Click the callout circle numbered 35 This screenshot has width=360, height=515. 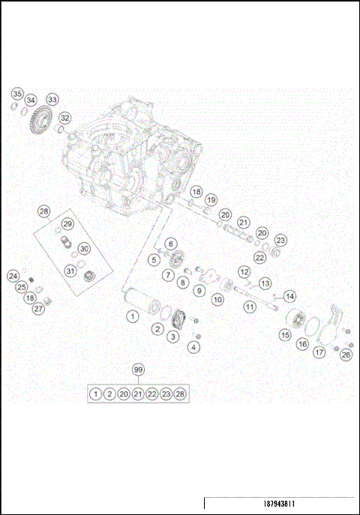(16, 93)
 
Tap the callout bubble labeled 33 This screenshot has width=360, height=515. (52, 99)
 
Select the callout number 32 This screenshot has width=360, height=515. (65, 118)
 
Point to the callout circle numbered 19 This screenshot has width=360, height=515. (211, 200)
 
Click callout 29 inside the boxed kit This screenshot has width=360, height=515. (67, 224)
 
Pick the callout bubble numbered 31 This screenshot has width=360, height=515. (70, 271)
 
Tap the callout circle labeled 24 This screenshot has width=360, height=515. (13, 276)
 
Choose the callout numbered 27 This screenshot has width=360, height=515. (37, 309)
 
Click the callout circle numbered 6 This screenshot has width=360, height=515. (170, 244)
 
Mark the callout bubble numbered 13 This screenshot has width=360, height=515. (265, 283)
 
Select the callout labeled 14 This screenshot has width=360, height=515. (289, 296)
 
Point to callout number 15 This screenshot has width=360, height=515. (285, 336)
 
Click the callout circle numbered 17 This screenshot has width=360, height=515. (319, 352)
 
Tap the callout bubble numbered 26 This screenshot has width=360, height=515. (346, 355)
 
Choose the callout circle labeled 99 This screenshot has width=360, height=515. (137, 370)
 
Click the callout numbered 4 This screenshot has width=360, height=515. (194, 346)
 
